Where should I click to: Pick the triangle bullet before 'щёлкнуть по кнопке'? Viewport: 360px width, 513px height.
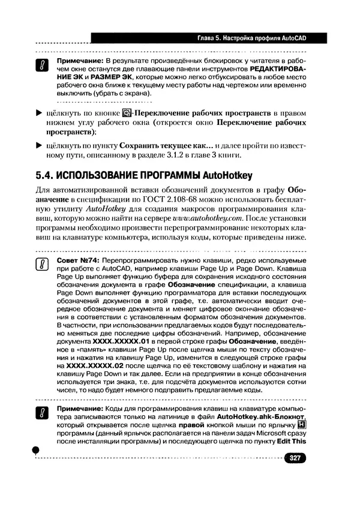click(40, 113)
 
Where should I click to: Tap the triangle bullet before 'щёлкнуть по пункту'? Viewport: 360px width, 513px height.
click(40, 146)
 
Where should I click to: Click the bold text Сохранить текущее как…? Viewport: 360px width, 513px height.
click(166, 146)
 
